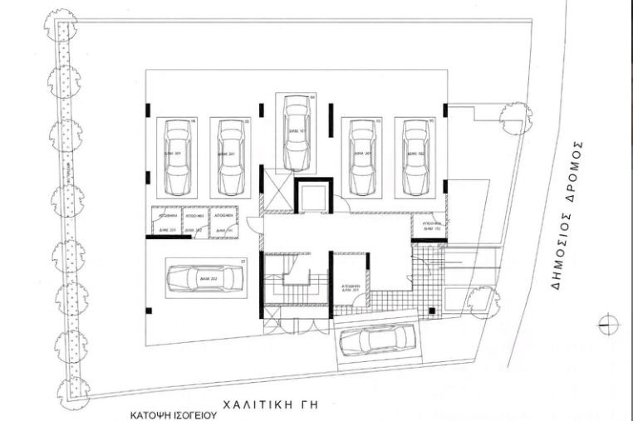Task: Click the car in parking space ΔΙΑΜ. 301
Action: click(x=176, y=156)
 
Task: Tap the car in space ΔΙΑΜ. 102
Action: click(x=413, y=156)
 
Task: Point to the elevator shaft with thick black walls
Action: click(x=312, y=197)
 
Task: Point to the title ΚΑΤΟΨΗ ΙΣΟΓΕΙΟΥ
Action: click(x=172, y=413)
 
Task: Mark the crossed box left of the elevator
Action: click(x=276, y=183)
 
